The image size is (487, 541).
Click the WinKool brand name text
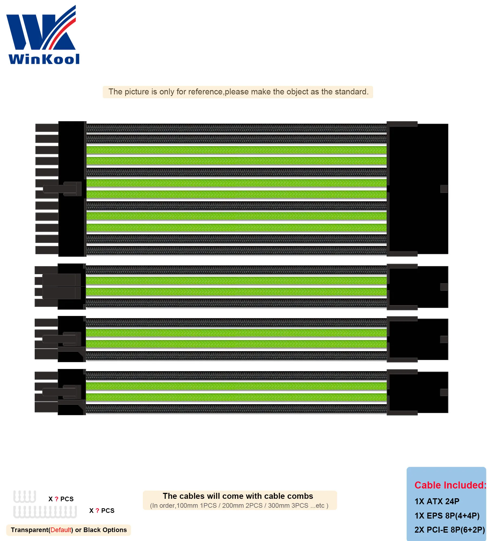44,59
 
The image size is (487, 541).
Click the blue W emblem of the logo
41,30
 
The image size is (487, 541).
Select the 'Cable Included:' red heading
450,485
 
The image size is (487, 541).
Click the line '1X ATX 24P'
437,501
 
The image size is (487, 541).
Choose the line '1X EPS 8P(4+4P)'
447,516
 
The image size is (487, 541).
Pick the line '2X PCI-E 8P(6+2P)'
449,530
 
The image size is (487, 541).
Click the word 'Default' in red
61,530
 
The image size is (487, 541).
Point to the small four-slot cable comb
25,497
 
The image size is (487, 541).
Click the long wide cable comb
45,512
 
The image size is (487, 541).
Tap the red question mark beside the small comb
57,499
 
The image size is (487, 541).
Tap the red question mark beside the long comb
97,511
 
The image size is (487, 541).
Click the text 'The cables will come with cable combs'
238,496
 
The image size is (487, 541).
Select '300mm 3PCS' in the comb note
288,506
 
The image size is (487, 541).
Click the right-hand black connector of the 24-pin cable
418,189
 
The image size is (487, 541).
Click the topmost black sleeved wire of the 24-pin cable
236,128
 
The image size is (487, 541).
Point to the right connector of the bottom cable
418,392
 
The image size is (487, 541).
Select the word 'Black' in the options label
92,530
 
